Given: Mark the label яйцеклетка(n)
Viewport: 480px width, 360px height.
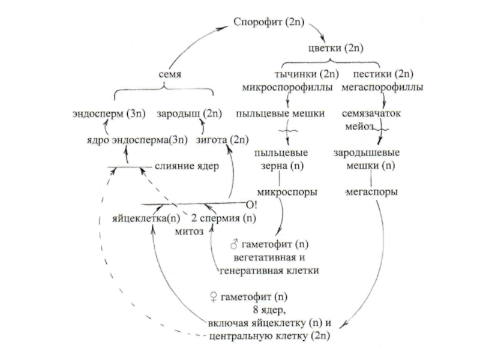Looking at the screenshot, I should tap(146, 217).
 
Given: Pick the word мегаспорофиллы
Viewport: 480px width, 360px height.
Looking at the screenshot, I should tap(382, 88).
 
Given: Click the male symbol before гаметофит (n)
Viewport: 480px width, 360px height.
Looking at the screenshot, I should tap(235, 245).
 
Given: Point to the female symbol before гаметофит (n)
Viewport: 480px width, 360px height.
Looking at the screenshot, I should tap(212, 297).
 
